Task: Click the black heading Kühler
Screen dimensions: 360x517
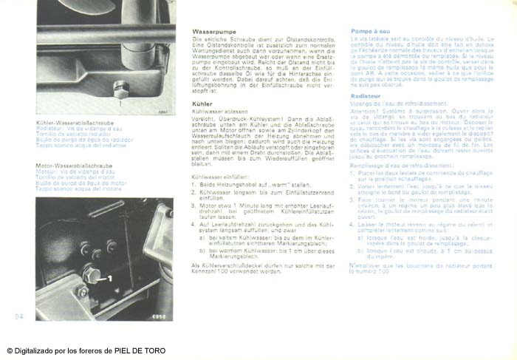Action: point(202,104)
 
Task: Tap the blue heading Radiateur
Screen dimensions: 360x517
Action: point(366,96)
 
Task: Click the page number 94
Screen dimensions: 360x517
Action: point(19,316)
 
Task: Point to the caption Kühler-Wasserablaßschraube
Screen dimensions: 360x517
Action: point(75,123)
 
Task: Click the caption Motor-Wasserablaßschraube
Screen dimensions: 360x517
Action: point(74,166)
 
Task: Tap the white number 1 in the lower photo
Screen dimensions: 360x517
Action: point(109,279)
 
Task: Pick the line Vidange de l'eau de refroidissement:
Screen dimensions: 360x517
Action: point(392,103)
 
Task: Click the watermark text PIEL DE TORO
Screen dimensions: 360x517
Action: point(140,351)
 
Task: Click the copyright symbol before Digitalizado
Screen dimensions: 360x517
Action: point(10,351)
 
